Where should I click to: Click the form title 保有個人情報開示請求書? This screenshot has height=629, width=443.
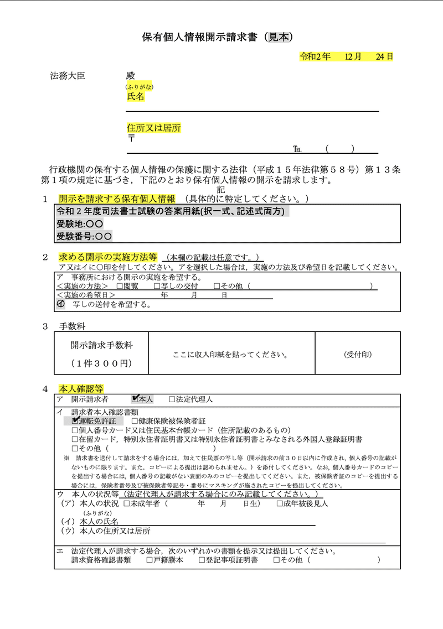click(x=202, y=37)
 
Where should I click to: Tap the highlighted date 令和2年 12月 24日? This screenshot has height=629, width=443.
click(x=346, y=56)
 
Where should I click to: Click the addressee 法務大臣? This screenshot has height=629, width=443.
click(x=68, y=76)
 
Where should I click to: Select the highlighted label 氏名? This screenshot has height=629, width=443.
click(x=136, y=96)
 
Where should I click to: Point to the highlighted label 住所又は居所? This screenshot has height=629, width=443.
click(x=154, y=128)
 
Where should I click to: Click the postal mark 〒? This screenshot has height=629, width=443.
click(x=131, y=138)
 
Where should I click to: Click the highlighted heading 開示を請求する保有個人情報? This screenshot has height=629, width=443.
click(x=117, y=199)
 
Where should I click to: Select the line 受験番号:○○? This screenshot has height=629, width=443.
click(x=84, y=236)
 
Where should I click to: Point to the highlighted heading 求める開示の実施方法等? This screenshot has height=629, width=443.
click(x=108, y=257)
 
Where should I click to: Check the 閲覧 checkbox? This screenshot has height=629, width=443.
click(x=120, y=286)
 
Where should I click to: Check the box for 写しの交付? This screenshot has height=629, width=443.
click(x=157, y=286)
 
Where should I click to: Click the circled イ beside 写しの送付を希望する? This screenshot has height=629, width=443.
click(x=61, y=304)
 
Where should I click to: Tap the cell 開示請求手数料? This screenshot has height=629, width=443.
click(x=101, y=345)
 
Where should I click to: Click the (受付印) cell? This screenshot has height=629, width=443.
click(x=358, y=354)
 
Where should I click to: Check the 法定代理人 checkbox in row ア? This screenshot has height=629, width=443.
click(x=172, y=399)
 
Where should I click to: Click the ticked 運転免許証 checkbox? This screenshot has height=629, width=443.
click(x=76, y=420)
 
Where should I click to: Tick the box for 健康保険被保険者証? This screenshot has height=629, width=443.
click(x=135, y=421)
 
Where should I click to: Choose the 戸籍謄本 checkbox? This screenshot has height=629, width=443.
click(x=150, y=560)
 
